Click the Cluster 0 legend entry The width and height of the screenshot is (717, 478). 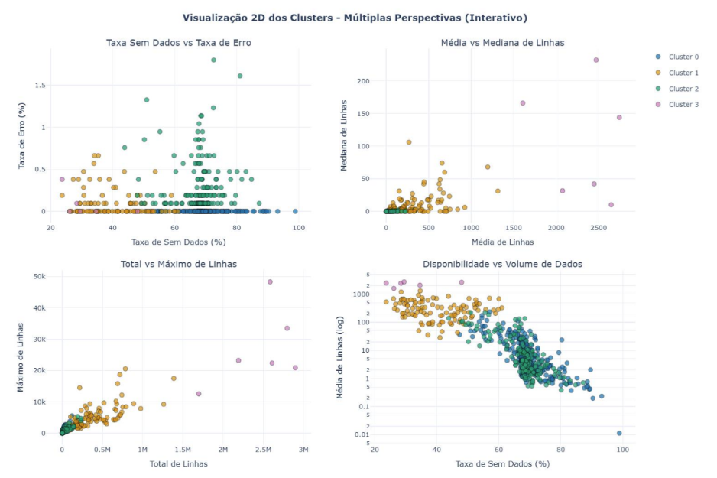pos(683,57)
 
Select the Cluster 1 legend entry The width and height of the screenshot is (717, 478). pos(683,73)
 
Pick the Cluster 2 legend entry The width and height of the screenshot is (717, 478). pos(683,89)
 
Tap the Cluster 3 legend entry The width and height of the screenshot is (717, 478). pos(683,105)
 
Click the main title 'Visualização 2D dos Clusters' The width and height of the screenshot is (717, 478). pos(355,18)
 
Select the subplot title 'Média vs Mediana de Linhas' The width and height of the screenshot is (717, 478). pos(502,43)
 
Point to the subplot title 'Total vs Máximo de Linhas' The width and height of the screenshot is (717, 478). pos(178,264)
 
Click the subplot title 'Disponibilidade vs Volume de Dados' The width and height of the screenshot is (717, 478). pos(502,264)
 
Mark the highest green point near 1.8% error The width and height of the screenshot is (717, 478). pos(213,60)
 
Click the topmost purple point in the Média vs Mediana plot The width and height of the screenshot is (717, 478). pos(596,60)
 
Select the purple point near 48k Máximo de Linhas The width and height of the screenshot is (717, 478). pos(270,281)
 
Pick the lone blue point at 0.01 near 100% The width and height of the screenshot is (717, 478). pos(619,433)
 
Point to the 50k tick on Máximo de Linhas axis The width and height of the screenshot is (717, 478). pos(39,276)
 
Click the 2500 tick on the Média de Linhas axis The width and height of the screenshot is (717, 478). pos(596,229)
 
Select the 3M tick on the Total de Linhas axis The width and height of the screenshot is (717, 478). pos(303,450)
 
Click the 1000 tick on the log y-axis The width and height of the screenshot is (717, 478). pos(361,294)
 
